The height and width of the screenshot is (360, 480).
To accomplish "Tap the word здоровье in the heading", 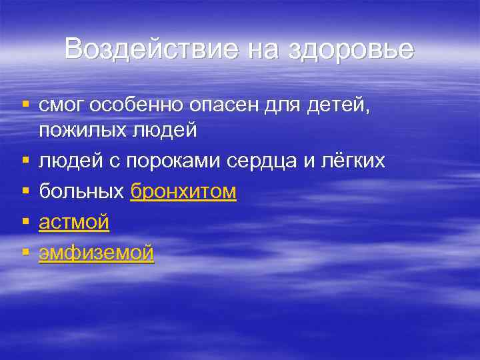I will (351, 49).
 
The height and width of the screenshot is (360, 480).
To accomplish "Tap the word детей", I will (339, 105).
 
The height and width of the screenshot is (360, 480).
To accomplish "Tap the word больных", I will (81, 191).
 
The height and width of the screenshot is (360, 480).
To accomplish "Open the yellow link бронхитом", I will (183, 191).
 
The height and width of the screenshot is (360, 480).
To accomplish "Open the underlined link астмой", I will (74, 222).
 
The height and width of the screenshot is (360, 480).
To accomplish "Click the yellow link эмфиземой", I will (96, 253).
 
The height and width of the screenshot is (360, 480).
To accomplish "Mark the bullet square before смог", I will (25, 105).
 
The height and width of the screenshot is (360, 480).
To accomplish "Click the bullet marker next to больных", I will (25, 191).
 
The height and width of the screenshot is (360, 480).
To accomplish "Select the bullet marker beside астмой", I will (25, 222).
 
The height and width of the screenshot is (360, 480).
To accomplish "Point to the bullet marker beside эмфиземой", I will (25, 253).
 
